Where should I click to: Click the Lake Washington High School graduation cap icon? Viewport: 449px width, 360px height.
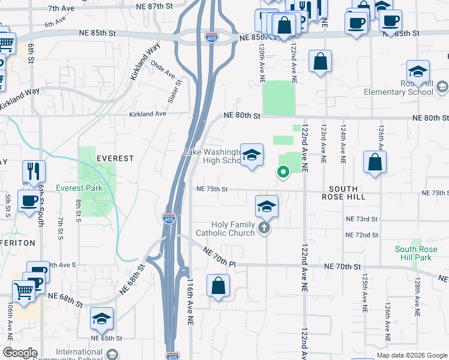click(252, 155)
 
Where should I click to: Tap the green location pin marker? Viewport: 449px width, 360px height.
click(283, 172)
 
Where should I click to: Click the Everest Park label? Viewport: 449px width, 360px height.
click(79, 188)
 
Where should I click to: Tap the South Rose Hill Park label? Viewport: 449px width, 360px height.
click(413, 253)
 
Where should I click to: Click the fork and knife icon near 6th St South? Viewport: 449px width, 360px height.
click(34, 172)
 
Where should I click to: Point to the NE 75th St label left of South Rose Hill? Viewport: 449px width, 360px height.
click(212, 189)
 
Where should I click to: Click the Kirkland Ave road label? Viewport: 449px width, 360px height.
click(147, 113)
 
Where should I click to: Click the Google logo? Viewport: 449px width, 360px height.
click(20, 353)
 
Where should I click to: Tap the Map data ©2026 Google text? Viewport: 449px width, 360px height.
click(412, 355)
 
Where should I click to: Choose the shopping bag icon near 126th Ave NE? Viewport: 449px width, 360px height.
click(375, 162)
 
